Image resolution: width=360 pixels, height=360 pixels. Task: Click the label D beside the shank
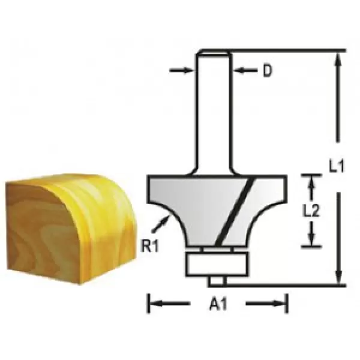(x=268, y=71)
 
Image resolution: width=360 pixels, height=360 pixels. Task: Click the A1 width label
(x=217, y=305)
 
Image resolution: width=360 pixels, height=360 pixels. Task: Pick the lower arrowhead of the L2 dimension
(x=311, y=241)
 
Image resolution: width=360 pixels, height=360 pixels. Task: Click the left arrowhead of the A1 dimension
(x=153, y=304)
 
